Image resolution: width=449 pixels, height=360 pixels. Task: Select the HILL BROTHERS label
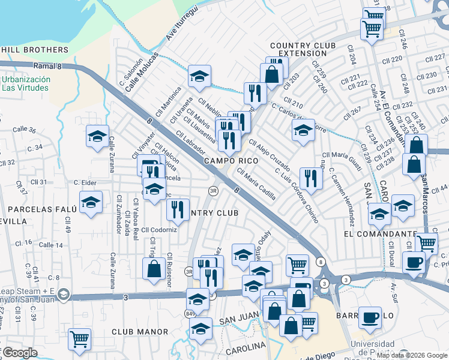[35, 50]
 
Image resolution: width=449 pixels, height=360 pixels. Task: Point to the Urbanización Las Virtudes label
[25, 83]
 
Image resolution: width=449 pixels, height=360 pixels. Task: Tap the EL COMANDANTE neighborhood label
[381, 233]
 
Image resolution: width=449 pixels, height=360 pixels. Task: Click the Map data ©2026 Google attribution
[412, 355]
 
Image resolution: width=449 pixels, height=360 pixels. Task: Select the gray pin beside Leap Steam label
[65, 295]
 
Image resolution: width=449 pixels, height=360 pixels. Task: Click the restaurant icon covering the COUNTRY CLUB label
[178, 209]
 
